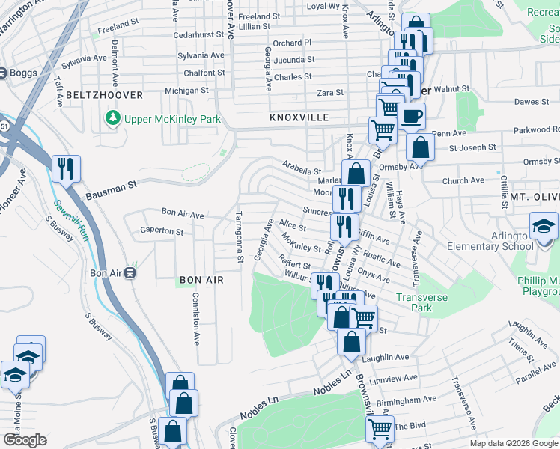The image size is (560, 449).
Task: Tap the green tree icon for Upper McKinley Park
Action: coord(113,118)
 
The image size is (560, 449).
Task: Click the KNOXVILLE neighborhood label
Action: coord(299,118)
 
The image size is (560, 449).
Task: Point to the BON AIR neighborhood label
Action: coord(201,280)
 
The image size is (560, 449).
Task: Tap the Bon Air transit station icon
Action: coord(130,273)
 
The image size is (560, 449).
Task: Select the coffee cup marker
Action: coord(410,116)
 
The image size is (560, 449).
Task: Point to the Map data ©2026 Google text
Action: coord(513,443)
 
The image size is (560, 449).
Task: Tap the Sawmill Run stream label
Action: coord(61,217)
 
